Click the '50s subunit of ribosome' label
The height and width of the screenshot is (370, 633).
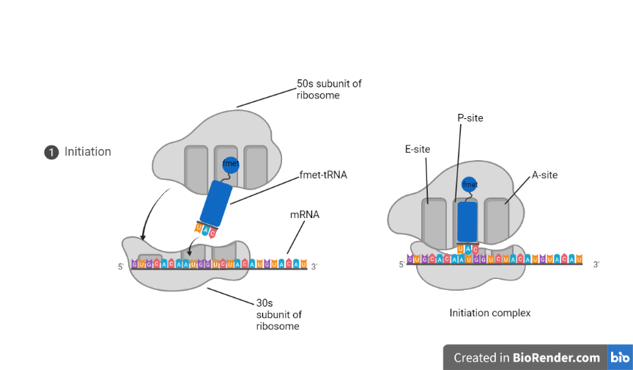328,89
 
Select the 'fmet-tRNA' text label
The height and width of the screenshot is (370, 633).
323,175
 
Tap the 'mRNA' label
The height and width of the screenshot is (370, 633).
304,216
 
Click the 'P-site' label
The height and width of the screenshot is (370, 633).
470,117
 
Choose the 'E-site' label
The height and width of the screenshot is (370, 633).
417,149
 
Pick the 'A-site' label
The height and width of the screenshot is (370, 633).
545,175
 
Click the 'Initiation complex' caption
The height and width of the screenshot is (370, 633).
489,313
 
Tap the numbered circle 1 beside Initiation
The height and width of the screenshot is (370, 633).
51,152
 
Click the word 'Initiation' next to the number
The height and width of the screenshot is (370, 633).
88,152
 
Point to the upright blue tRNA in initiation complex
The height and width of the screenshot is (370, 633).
467,221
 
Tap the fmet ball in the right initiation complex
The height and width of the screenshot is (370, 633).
469,184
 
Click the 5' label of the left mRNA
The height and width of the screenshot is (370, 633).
121,267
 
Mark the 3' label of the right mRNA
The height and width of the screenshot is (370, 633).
596,264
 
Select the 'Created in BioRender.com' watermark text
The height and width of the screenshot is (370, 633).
526,358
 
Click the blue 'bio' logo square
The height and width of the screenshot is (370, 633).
619,358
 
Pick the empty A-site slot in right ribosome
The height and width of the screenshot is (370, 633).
497,220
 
